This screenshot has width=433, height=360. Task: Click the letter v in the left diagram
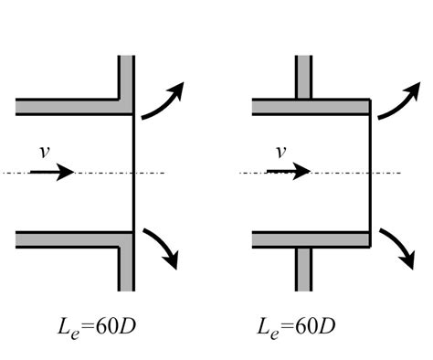[x=45, y=152]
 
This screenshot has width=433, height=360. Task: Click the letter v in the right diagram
[x=280, y=152]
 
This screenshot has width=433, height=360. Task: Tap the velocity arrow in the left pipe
[x=52, y=173]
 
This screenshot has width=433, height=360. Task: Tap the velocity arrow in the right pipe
[x=289, y=172]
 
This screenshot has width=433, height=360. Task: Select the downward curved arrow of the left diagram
[x=163, y=247]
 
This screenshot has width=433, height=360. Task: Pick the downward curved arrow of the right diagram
[x=399, y=247]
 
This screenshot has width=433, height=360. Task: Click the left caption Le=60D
[x=97, y=328]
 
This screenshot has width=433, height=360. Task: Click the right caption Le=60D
[x=296, y=328]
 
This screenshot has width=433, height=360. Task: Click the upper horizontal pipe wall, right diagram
[x=312, y=107]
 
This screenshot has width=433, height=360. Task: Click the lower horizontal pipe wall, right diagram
[x=312, y=239]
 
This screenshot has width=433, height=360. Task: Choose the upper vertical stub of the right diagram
[x=303, y=77]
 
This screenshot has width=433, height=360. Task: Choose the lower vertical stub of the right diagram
[x=303, y=270]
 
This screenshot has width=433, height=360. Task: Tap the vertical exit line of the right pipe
[x=370, y=174]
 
